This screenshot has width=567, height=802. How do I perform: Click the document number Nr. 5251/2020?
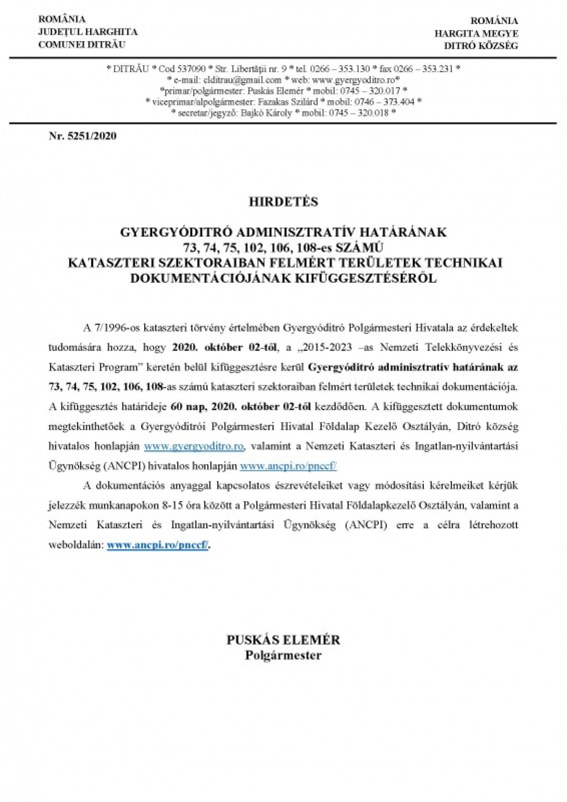83,136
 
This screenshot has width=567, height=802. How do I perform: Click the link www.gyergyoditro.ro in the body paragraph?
194,447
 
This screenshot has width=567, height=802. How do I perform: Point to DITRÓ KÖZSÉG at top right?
481,45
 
